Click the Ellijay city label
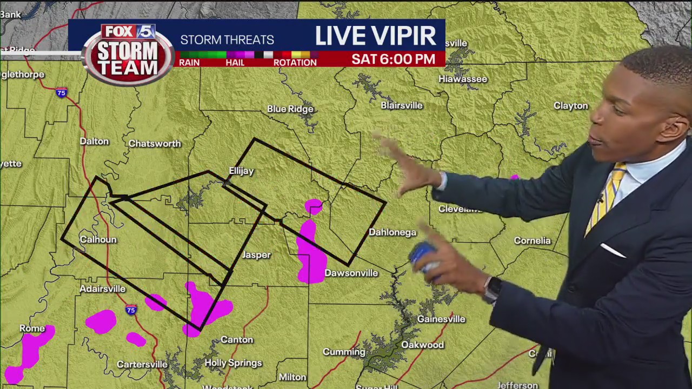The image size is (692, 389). tap(241, 171)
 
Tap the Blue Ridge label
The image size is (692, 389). tap(290, 109)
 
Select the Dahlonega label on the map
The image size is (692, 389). tap(392, 232)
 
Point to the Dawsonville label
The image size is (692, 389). tap(351, 273)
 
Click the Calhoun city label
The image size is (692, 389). tap(98, 239)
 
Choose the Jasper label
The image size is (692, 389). tap(256, 255)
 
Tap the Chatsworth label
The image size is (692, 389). tap(155, 144)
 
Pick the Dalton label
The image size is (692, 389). tap(94, 141)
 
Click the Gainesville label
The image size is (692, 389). tap(441, 319)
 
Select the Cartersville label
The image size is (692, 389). tap(142, 365)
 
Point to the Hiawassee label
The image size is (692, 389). tap(463, 79)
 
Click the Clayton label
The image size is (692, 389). tap(570, 106)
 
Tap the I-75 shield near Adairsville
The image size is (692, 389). tap(131, 310)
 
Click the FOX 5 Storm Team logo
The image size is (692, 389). tap(128, 54)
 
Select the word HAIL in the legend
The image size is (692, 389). tap(235, 63)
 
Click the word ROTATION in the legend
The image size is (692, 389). tap(295, 63)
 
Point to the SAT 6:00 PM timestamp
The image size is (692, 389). tap(393, 59)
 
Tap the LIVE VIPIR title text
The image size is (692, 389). tap(375, 36)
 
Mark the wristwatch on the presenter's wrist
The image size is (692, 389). tap(492, 289)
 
